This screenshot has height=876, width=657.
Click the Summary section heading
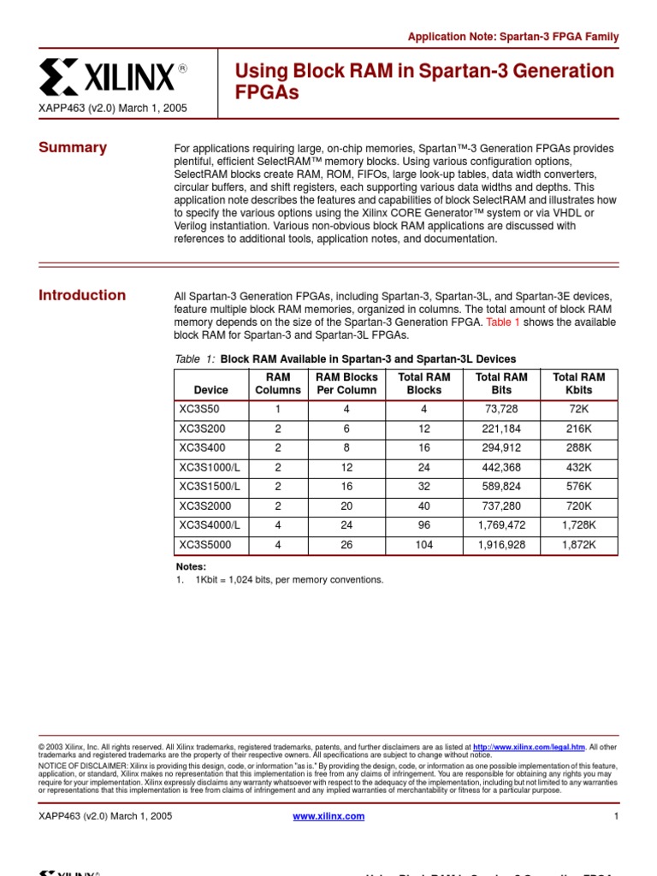73,147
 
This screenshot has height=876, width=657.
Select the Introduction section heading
82,295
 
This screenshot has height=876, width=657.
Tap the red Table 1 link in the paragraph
503,323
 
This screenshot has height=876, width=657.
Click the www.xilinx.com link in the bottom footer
328,816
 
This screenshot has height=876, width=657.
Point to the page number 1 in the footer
615,816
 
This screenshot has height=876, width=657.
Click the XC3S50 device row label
199,409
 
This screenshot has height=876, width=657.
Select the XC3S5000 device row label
205,544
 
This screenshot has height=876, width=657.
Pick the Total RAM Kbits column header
578,383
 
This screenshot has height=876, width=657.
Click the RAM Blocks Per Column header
346,383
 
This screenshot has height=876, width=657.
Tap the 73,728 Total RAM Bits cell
500,409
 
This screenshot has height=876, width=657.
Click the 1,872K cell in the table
578,544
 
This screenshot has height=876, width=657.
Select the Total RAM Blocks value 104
424,544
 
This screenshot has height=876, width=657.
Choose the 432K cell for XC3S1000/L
578,467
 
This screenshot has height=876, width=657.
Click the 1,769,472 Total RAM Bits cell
500,525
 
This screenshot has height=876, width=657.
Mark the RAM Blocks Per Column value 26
346,544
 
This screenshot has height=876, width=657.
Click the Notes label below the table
191,566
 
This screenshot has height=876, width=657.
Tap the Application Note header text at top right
512,37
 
